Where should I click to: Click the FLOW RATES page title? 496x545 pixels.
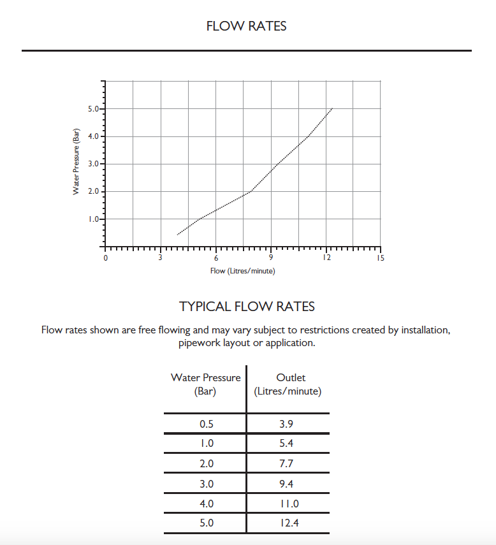tap(247, 26)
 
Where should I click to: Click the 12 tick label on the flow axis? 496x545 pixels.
tap(326, 258)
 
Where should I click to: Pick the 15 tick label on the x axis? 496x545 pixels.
tap(381, 258)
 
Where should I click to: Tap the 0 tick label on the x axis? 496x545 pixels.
tap(106, 258)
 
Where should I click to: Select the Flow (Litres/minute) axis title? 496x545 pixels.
tap(243, 271)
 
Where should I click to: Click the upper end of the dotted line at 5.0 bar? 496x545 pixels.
tap(332, 109)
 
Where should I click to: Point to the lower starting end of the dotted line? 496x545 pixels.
tap(178, 235)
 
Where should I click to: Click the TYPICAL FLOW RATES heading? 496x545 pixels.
tap(247, 307)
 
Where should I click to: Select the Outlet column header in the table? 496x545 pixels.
tap(291, 377)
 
